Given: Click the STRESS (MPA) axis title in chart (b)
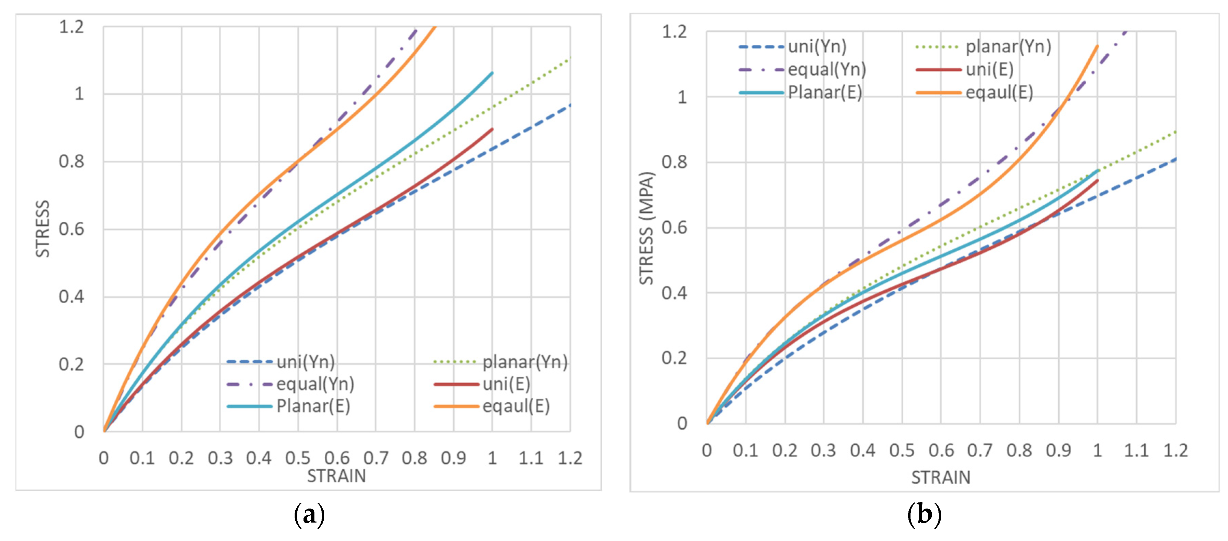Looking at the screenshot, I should click(646, 228).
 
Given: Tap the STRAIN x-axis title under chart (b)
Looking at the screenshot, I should click(941, 477).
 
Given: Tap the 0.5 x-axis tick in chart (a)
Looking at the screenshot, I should click(298, 458).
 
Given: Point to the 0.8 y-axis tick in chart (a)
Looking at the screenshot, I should click(71, 161).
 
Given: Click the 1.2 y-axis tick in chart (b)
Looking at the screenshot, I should click(674, 32).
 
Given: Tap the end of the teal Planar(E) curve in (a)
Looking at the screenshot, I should click(492, 73).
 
